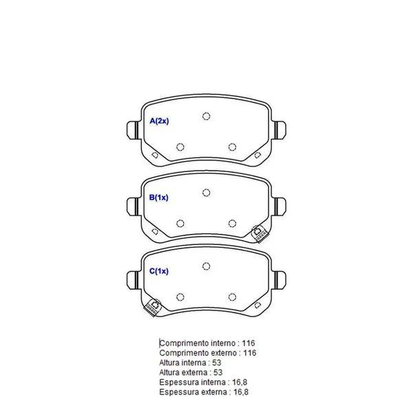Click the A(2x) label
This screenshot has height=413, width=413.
[159, 121]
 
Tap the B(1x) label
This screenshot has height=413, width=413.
[158, 198]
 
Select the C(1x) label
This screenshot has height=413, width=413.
[158, 271]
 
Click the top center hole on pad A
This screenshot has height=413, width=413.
[206, 116]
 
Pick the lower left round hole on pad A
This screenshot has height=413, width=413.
[180, 147]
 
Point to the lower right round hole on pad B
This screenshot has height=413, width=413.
[232, 224]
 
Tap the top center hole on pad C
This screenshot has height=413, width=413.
[206, 266]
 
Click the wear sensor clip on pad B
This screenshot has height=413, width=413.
[259, 234]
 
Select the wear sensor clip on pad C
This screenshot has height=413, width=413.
[153, 308]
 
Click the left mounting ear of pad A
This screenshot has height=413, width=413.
[133, 130]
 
